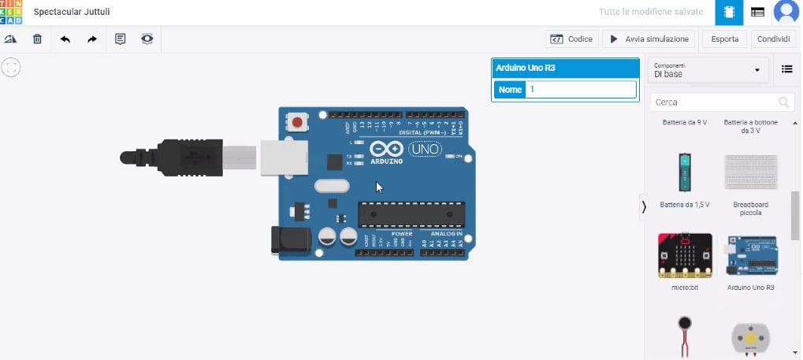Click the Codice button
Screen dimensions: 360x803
pyautogui.click(x=571, y=39)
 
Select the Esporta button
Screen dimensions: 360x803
pyautogui.click(x=724, y=39)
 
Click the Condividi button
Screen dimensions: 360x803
pyautogui.click(x=773, y=39)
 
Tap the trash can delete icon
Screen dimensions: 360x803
pyautogui.click(x=37, y=39)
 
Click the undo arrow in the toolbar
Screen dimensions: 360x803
pyautogui.click(x=65, y=39)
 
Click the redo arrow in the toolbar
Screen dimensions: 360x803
pyautogui.click(x=92, y=39)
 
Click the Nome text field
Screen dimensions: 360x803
pyautogui.click(x=581, y=90)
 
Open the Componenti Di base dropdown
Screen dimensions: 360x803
pyautogui.click(x=707, y=70)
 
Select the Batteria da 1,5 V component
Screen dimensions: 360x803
pyautogui.click(x=685, y=173)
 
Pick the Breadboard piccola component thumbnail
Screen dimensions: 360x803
pyautogui.click(x=750, y=173)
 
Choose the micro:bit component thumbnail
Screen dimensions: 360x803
pyautogui.click(x=685, y=255)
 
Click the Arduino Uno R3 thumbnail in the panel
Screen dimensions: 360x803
pyautogui.click(x=750, y=255)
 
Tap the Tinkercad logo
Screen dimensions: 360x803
pyautogui.click(x=12, y=12)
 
